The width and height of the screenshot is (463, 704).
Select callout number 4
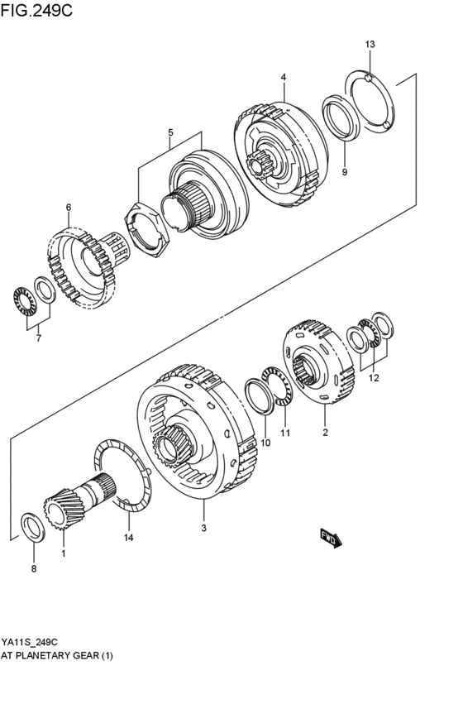click(x=283, y=77)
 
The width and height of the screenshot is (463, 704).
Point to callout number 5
click(x=170, y=132)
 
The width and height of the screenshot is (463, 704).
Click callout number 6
click(x=69, y=207)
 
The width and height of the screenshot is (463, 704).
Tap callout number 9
click(x=345, y=172)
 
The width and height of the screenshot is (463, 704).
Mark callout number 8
click(x=34, y=568)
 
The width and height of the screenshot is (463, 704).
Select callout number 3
click(x=203, y=526)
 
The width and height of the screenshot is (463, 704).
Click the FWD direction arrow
click(x=330, y=539)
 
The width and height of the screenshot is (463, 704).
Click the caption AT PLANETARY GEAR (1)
click(x=58, y=655)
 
